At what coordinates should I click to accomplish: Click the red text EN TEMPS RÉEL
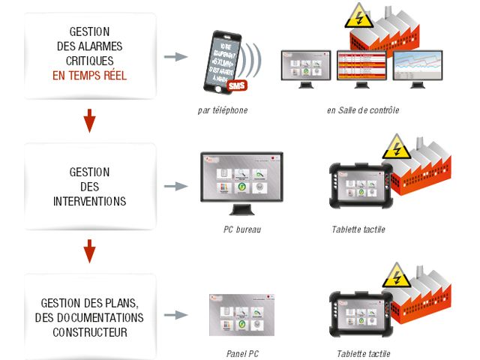click(x=89, y=76)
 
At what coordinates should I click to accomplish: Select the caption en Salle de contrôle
click(x=363, y=111)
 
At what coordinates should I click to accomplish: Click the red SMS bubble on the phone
click(x=236, y=86)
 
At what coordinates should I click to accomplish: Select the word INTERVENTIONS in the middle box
click(x=89, y=202)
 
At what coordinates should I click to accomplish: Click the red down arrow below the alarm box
click(x=89, y=120)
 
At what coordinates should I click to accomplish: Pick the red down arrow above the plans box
click(x=89, y=250)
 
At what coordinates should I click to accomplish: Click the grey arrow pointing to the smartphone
click(x=175, y=56)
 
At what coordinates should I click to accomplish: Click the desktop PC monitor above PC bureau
click(x=241, y=178)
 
